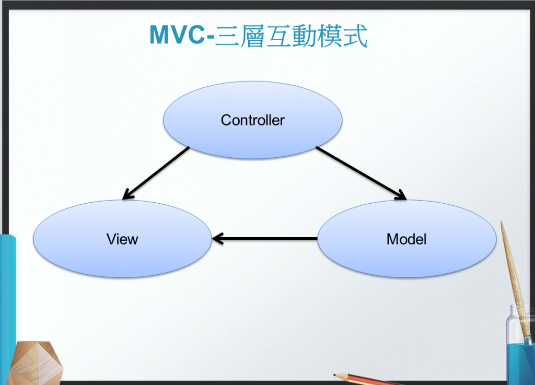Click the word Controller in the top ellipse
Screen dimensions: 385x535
tap(252, 120)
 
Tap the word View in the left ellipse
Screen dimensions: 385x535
tap(122, 239)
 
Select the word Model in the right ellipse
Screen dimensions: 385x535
tap(406, 239)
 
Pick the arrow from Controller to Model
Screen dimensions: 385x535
tap(360, 173)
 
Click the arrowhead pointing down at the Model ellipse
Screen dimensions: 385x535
tap(400, 196)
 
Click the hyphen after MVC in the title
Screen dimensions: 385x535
tap(212, 37)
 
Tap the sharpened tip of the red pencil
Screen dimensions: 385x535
tap(336, 375)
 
